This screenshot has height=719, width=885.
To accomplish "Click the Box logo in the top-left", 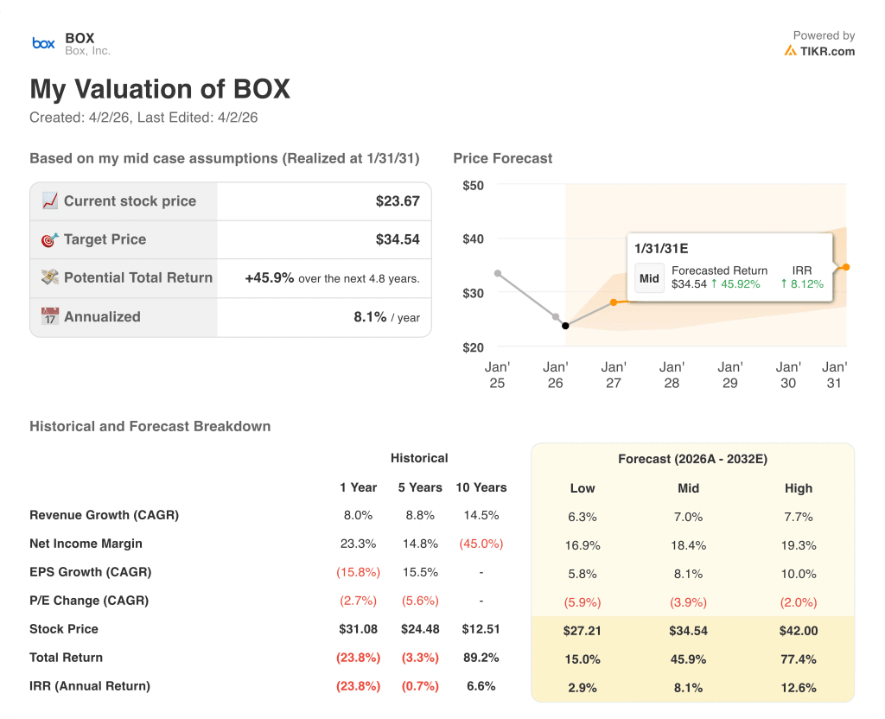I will (43, 43).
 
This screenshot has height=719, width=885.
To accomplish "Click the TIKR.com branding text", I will (826, 51).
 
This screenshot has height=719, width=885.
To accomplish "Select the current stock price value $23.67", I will (398, 201).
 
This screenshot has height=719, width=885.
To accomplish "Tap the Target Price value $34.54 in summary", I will (398, 239).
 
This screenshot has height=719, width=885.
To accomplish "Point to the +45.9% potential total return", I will (270, 278).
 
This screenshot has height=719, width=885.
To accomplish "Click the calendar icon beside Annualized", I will (49, 316).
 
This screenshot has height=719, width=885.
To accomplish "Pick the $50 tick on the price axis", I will (473, 185).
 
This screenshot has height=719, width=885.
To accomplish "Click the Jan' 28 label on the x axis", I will (672, 375).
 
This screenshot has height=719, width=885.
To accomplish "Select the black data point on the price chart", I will (565, 326).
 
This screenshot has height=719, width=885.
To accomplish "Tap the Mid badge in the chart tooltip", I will (649, 278).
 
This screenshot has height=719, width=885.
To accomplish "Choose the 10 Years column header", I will (481, 487).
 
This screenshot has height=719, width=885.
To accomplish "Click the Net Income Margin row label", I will (86, 544).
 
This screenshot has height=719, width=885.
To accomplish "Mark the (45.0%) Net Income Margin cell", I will (481, 544).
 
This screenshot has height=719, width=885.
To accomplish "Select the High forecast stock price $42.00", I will (799, 631).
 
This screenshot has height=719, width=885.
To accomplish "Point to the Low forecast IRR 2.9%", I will (583, 688).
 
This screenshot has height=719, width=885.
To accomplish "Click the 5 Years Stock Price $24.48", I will (419, 629).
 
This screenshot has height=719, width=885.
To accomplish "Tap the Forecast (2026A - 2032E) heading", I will (692, 459).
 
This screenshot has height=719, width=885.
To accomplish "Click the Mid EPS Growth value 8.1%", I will (689, 574).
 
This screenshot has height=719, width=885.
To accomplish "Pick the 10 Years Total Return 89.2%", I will (481, 658).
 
